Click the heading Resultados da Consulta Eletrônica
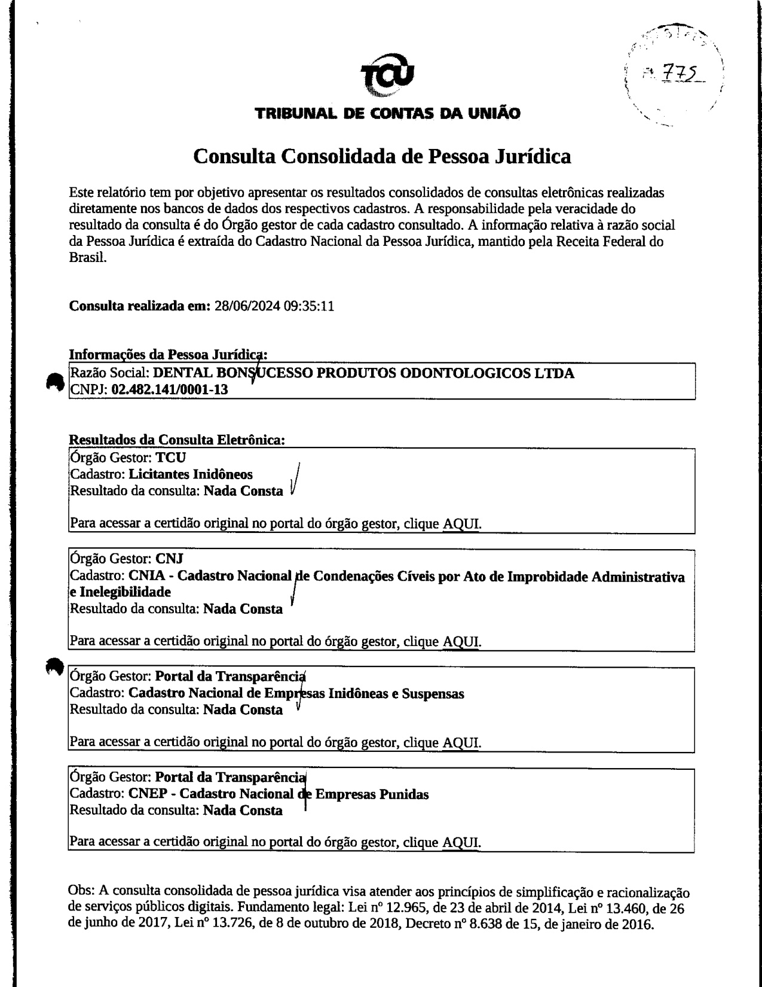tap(178, 440)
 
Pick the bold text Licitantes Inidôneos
tap(191, 474)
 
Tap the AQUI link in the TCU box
tap(461, 525)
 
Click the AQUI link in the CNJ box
tap(461, 642)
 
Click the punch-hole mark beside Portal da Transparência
tap(54, 666)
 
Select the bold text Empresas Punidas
tap(371, 794)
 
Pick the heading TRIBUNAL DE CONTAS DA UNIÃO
tap(387, 113)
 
